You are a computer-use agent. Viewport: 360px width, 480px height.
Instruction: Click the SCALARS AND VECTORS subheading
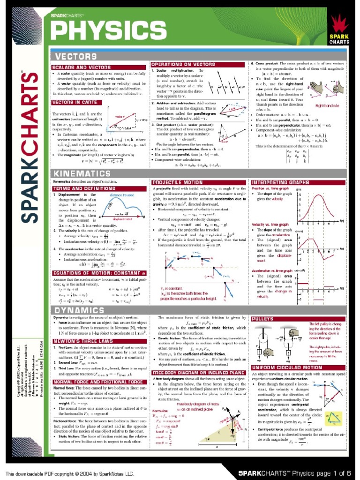click(78, 67)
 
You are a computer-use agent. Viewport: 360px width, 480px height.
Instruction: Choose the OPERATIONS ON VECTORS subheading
click(183, 64)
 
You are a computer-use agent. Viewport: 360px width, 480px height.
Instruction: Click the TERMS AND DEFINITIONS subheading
click(78, 188)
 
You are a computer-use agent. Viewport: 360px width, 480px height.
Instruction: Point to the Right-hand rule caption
click(328, 106)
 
